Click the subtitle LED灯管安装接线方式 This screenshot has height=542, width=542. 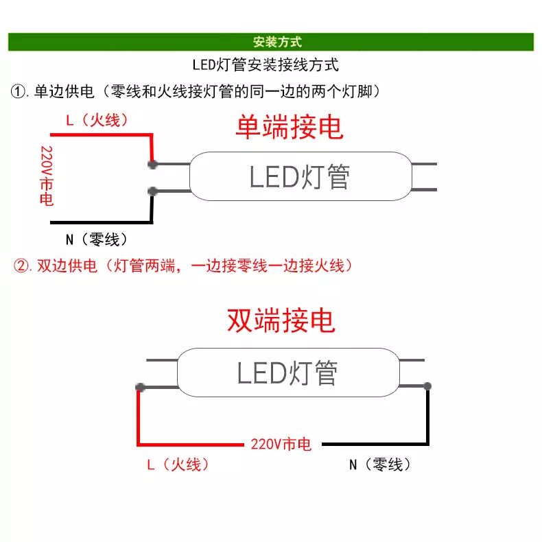click(x=265, y=66)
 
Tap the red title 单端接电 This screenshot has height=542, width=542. click(x=289, y=127)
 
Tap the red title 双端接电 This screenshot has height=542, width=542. click(x=281, y=320)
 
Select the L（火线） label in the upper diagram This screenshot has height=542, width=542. click(x=97, y=120)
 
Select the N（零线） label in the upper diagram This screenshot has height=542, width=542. click(x=96, y=239)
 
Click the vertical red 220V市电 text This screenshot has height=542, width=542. click(x=47, y=176)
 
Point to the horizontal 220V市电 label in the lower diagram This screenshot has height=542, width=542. click(x=281, y=445)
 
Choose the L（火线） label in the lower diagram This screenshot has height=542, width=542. click(x=178, y=464)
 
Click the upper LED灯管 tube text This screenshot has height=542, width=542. click(x=299, y=177)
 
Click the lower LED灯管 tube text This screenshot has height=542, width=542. click(x=287, y=374)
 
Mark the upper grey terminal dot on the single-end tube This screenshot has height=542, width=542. click(x=152, y=164)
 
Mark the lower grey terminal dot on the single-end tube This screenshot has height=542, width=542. click(x=152, y=191)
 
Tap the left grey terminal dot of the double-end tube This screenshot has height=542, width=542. click(x=140, y=388)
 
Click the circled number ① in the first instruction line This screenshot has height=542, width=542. click(x=19, y=91)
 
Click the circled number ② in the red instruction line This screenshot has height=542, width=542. click(x=21, y=266)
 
